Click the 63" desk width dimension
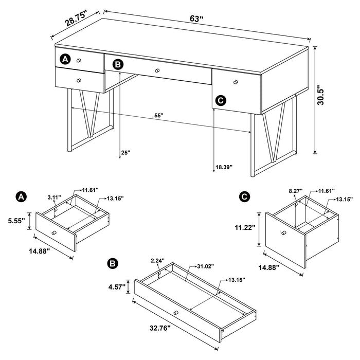tap(197, 19)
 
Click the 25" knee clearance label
tap(125, 153)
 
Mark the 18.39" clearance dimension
tap(224, 167)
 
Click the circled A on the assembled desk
tap(64, 59)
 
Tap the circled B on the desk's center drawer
tap(118, 64)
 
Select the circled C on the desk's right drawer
tap(221, 101)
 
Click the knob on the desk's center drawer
tap(158, 70)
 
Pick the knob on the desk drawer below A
tap(79, 80)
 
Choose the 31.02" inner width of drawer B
tap(206, 266)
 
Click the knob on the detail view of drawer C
tap(283, 234)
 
